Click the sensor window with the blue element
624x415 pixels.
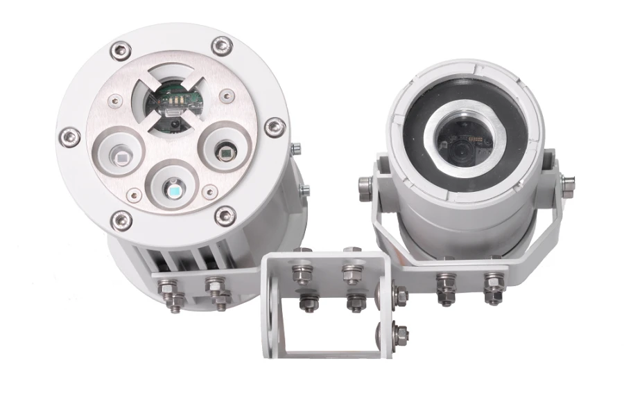pyautogui.click(x=173, y=186)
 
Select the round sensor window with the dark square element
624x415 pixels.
pyautogui.click(x=225, y=150)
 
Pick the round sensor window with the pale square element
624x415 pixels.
pyautogui.click(x=121, y=154)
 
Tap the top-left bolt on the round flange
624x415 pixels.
pyautogui.click(x=121, y=50)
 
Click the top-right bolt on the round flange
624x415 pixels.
pyautogui.click(x=221, y=46)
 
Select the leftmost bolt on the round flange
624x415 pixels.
pyautogui.click(x=69, y=136)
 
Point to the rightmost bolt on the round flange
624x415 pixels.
pyautogui.click(x=275, y=127)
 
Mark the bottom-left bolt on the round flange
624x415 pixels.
pyautogui.click(x=121, y=220)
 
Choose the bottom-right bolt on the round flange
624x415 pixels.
pyautogui.click(x=225, y=215)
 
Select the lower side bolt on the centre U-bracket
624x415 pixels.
pyautogui.click(x=399, y=335)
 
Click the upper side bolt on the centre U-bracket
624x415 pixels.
pyautogui.click(x=400, y=297)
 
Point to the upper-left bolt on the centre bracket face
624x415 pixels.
pyautogui.click(x=302, y=273)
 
